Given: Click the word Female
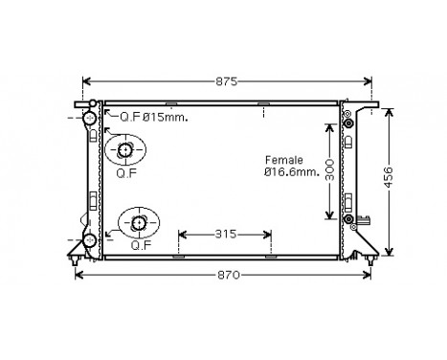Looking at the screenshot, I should [284, 159].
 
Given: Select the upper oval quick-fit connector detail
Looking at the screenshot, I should [124, 150].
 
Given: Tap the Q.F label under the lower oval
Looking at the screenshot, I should [140, 245].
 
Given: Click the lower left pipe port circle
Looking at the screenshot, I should [90, 238].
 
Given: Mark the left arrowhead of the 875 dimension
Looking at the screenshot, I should [87, 81].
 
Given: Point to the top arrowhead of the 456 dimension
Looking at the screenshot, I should [389, 110].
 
